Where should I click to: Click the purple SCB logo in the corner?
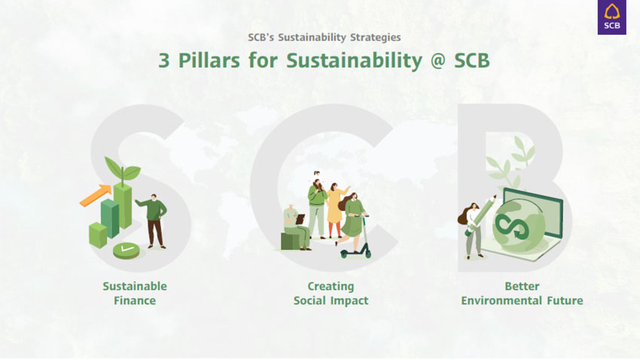612,17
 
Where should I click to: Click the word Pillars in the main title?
209,61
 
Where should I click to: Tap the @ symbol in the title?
437,61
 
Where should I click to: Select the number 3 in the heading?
163,61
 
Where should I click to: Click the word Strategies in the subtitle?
376,37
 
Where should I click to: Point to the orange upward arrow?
96,195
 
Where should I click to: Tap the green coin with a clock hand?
126,250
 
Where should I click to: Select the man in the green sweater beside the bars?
153,221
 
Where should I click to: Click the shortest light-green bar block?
98,235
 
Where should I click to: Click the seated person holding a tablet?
297,227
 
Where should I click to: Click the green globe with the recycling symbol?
518,225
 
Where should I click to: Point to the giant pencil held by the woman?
481,215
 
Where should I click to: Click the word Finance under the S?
135,301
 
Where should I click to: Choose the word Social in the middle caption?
309,301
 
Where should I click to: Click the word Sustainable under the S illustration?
135,286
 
